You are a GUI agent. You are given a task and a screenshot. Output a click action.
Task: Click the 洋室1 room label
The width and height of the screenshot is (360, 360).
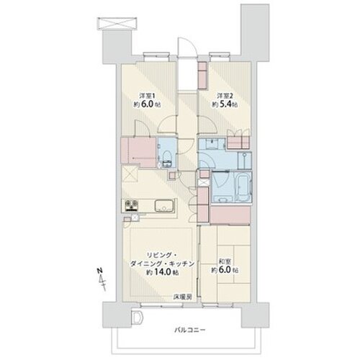click(x=148, y=96)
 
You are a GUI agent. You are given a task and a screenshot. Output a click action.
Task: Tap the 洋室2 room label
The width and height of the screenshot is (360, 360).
click(x=225, y=96)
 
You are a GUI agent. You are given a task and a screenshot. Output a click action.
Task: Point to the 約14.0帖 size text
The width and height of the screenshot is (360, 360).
click(x=163, y=272)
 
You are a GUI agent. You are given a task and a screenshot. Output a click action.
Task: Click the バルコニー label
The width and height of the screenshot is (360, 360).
click(x=189, y=330)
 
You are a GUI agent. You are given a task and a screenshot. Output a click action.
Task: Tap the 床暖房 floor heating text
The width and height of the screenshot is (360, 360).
click(x=183, y=297)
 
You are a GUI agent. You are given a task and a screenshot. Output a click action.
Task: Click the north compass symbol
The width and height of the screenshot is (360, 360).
click(x=102, y=279)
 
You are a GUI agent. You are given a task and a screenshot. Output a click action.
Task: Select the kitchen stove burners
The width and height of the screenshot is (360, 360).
click(x=132, y=206)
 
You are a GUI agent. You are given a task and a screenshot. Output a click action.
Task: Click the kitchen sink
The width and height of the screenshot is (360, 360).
click(x=164, y=206)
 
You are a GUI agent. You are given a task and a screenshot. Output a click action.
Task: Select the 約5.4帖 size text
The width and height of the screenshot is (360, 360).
click(x=225, y=104)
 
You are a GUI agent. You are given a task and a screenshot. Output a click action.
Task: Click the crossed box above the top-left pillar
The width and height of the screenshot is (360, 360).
click(x=117, y=24)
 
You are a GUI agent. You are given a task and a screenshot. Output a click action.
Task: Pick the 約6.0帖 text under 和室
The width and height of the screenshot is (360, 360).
click(x=225, y=270)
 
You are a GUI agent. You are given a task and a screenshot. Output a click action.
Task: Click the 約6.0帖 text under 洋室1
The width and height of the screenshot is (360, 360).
click(x=148, y=104)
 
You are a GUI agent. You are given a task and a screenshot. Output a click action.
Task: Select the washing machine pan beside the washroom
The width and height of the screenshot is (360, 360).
click(x=244, y=161)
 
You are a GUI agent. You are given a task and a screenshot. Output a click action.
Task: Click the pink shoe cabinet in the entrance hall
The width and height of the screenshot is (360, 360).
click(x=202, y=76)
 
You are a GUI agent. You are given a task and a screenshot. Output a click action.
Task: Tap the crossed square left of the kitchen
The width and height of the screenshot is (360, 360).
click(x=130, y=174)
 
